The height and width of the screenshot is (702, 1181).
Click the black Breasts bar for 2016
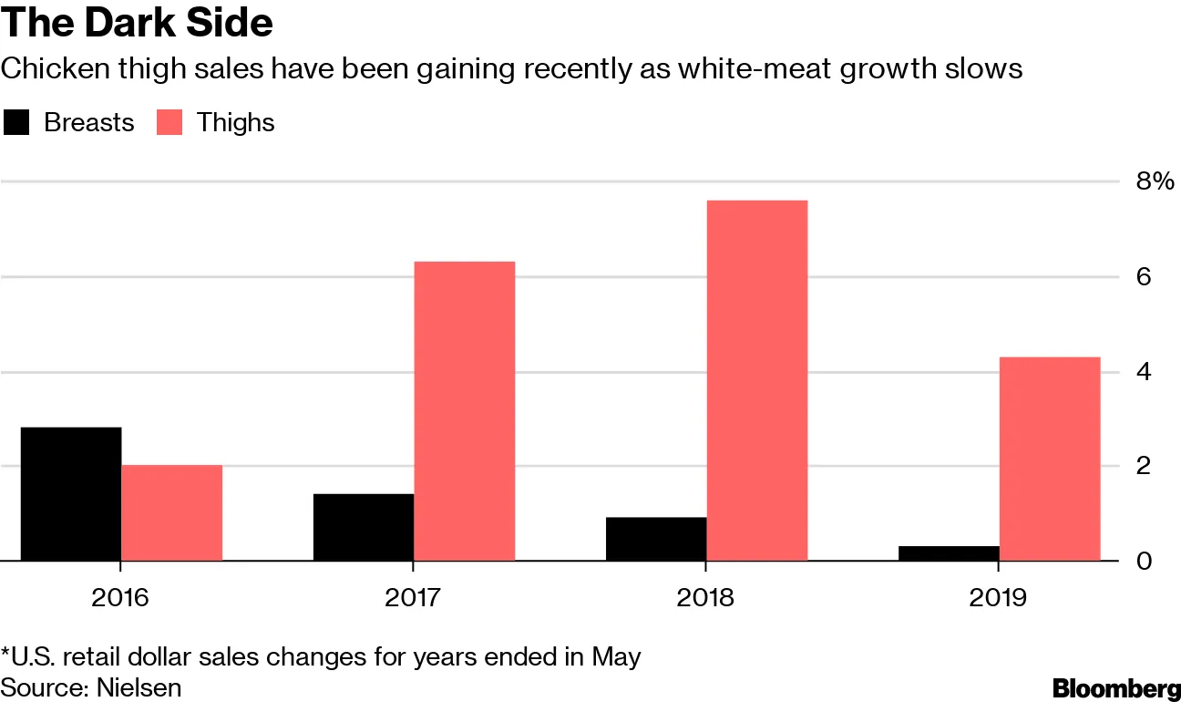point(71,493)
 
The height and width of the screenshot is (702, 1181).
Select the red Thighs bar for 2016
point(172,512)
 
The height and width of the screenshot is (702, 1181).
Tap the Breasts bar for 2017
point(364,527)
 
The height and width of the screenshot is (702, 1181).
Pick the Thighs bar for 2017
point(465,410)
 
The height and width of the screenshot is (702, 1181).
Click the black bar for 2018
point(656,539)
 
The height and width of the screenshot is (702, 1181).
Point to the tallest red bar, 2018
point(757,380)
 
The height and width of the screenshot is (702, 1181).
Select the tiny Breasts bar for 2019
point(949,553)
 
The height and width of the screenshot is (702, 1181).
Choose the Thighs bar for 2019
point(1050,459)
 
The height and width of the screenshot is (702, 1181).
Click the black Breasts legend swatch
point(15,122)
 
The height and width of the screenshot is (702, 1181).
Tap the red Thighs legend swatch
point(169,122)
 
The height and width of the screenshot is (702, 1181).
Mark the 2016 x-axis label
point(121,598)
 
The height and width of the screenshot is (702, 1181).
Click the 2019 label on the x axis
point(999,598)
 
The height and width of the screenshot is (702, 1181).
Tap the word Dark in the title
point(127,23)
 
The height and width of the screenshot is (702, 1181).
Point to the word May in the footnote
point(615,656)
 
